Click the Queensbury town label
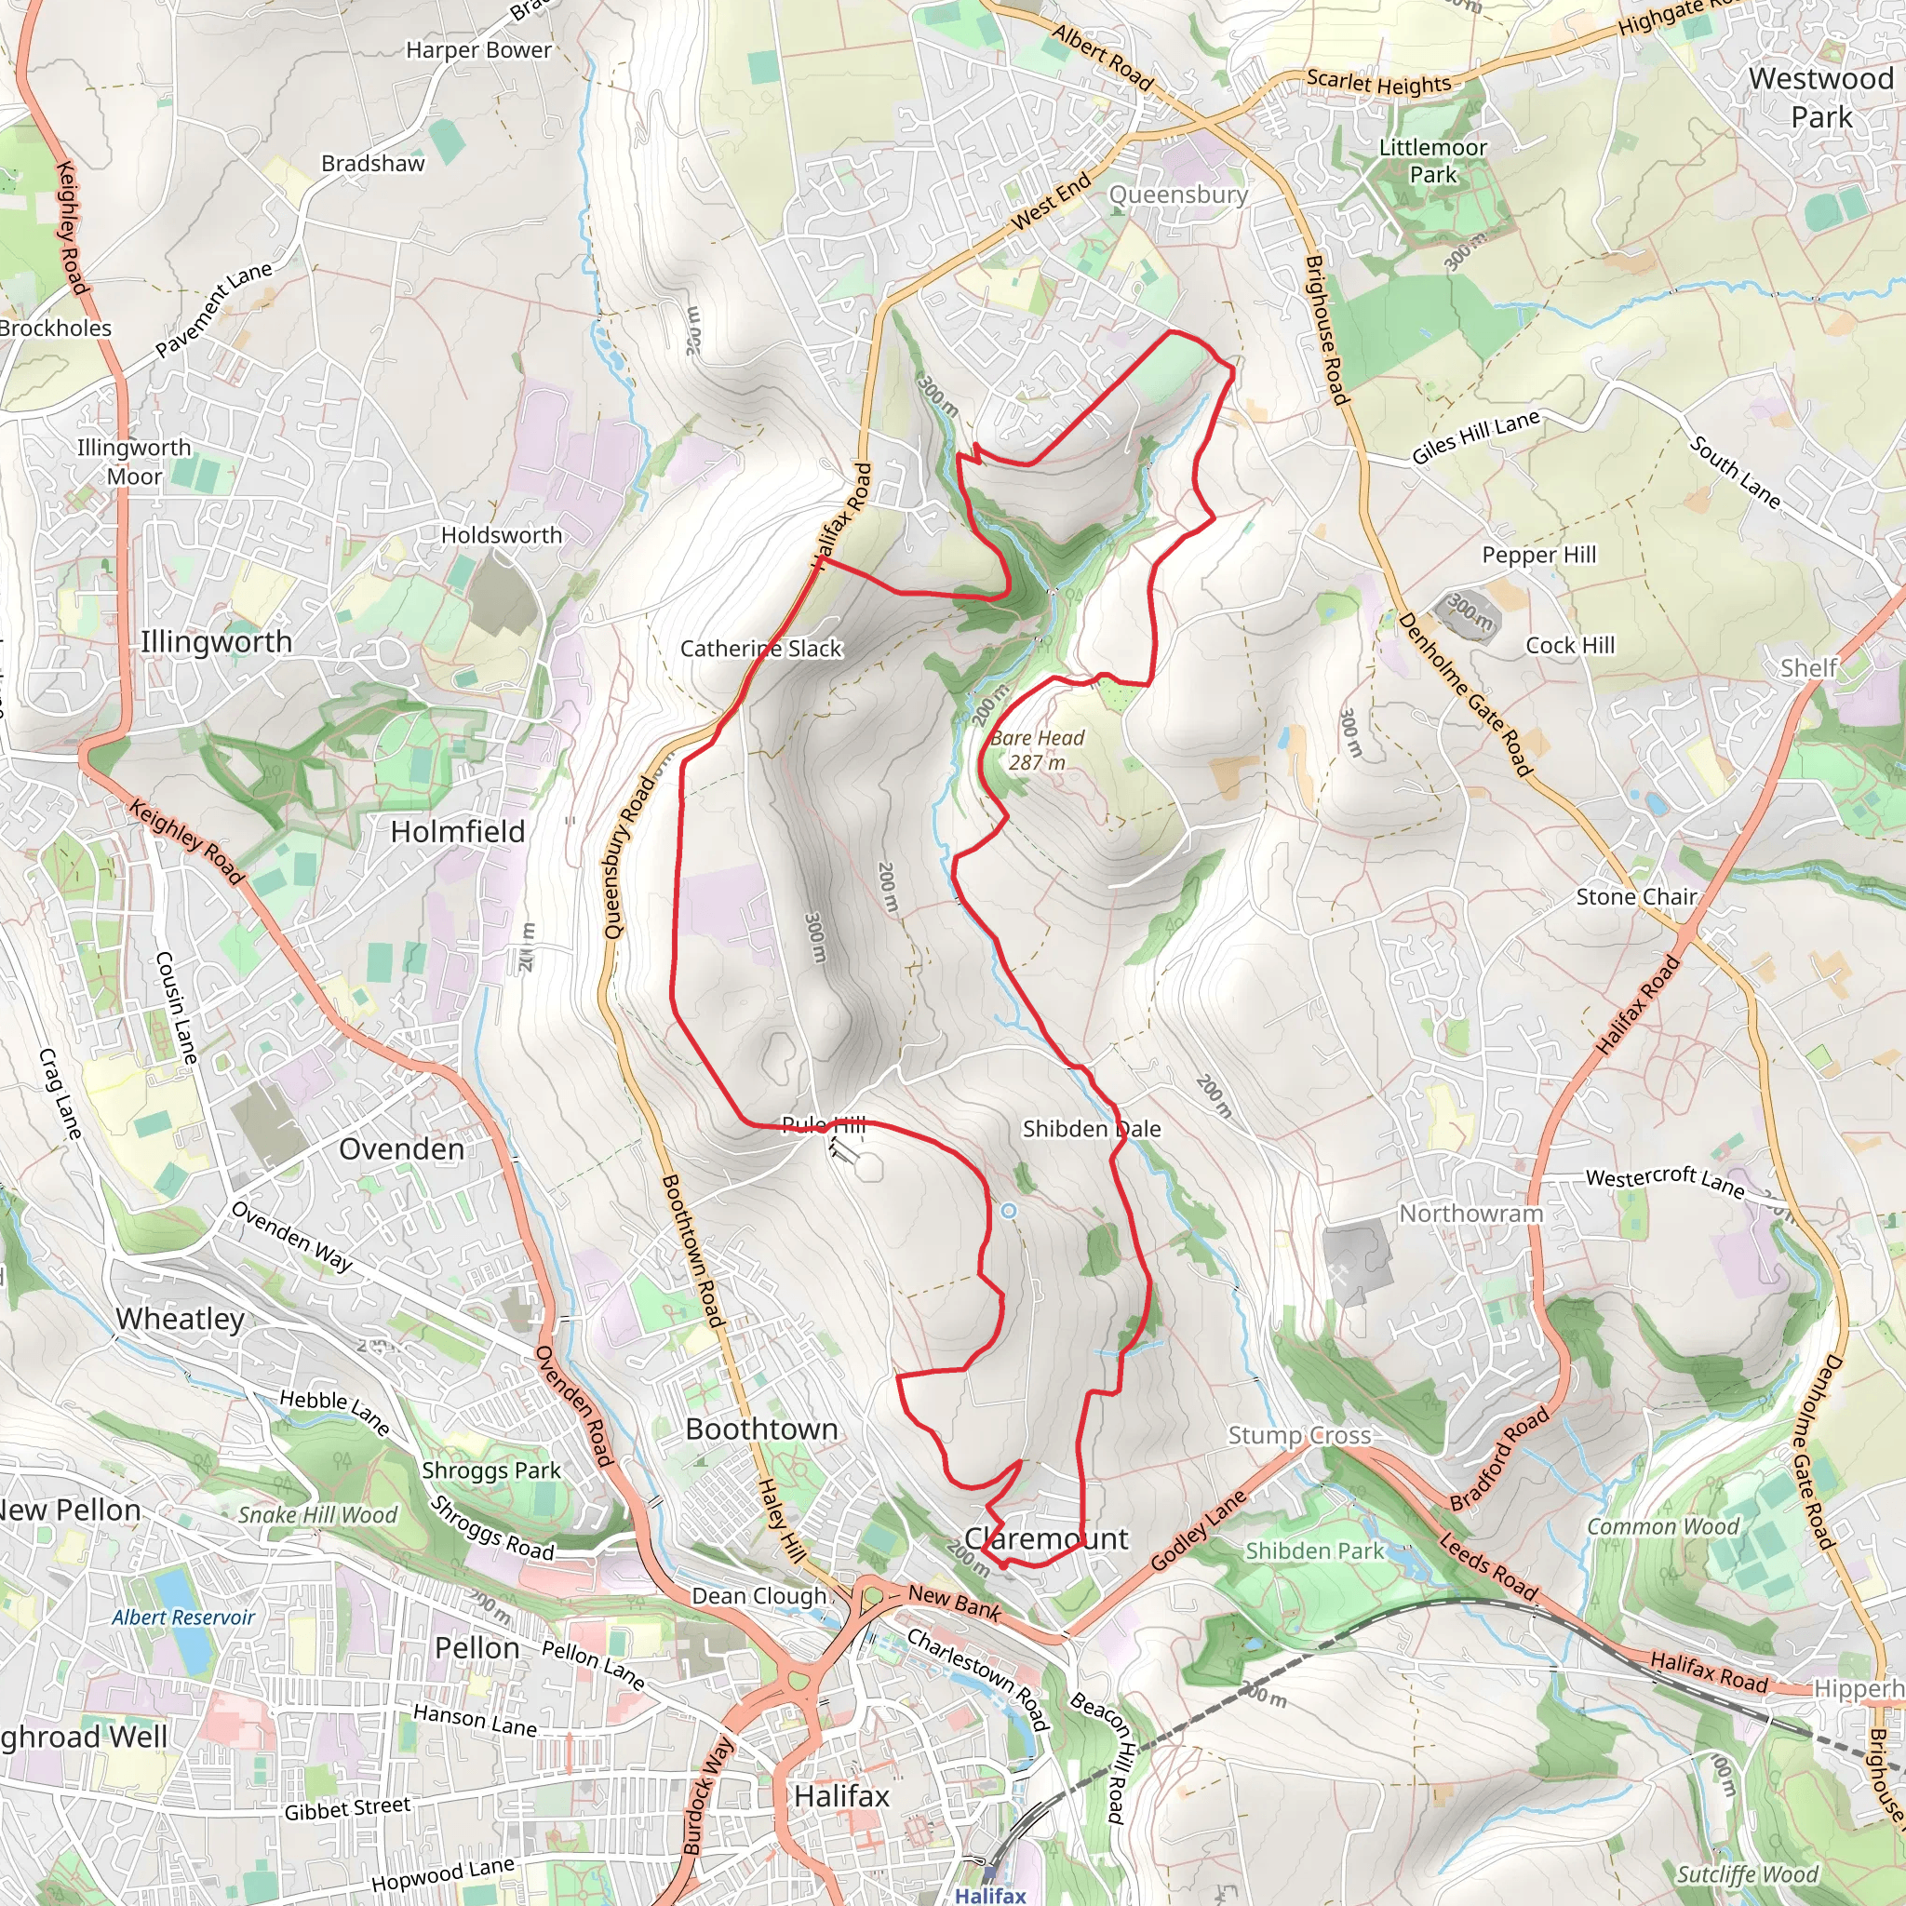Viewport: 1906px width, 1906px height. click(1178, 195)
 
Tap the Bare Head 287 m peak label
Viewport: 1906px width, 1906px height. click(1037, 750)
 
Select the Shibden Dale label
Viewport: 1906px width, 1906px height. click(1091, 1129)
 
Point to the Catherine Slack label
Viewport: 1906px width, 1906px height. click(760, 648)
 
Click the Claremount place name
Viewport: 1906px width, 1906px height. click(1046, 1538)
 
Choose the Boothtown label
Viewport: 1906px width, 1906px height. click(761, 1429)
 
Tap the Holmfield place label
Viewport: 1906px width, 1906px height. click(458, 832)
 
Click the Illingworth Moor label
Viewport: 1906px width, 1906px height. click(134, 462)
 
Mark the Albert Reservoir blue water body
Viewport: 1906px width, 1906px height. click(177, 1604)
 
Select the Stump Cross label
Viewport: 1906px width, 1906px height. click(1299, 1435)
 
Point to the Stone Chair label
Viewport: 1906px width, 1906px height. click(1637, 897)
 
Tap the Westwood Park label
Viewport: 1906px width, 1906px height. click(1820, 97)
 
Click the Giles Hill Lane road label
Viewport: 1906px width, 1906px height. click(1475, 437)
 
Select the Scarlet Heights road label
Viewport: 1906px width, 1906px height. click(1378, 83)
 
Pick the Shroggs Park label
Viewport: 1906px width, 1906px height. click(491, 1470)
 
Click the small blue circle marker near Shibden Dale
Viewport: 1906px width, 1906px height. click(1008, 1211)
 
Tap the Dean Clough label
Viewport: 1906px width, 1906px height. click(758, 1595)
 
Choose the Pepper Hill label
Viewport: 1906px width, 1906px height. click(1539, 555)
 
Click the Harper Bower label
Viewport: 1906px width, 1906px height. click(478, 49)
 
